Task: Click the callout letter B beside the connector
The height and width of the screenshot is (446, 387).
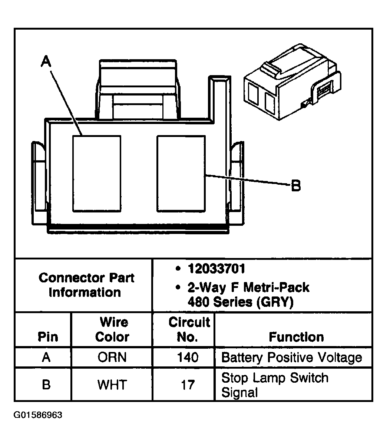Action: tap(295, 186)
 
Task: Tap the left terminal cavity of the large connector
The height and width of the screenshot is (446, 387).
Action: tap(96, 173)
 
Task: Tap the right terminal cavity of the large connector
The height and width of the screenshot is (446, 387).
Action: tap(181, 173)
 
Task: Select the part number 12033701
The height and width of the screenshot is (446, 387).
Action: tap(216, 269)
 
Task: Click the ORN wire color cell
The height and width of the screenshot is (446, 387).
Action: tap(112, 358)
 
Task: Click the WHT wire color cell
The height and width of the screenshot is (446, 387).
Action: tap(112, 385)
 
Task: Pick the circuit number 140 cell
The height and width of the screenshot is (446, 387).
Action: tap(188, 358)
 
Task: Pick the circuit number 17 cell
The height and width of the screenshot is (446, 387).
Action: tap(188, 385)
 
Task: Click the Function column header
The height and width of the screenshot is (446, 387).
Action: tap(296, 337)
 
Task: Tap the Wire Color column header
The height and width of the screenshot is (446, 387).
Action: tap(112, 330)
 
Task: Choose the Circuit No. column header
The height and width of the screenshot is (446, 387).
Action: tap(189, 330)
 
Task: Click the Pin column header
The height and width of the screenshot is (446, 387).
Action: tap(48, 337)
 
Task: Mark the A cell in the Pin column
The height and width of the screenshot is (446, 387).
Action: tap(46, 358)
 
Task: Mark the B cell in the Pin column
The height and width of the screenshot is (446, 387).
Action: tap(46, 385)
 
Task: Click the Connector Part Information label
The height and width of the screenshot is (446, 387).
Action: tap(86, 285)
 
